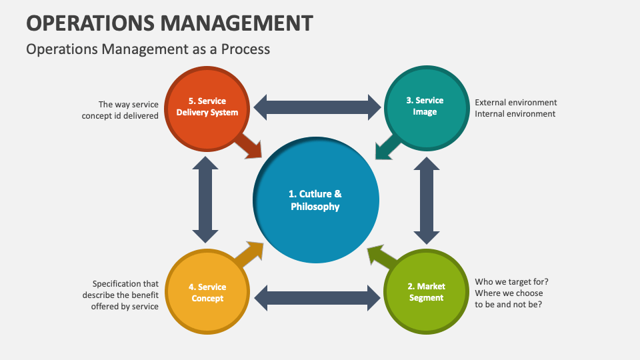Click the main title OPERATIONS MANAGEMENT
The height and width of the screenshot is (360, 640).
click(x=169, y=23)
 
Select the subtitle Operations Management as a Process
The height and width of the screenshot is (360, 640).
click(x=148, y=49)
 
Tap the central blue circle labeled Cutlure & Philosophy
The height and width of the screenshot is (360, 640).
click(x=315, y=200)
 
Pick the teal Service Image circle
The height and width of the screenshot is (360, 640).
click(x=425, y=107)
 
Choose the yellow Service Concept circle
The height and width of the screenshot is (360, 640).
click(x=208, y=293)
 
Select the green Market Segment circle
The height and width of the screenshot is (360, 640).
click(x=425, y=293)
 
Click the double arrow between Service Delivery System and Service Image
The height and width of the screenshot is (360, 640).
click(x=317, y=107)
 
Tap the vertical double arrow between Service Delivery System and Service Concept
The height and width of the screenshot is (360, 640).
click(x=205, y=200)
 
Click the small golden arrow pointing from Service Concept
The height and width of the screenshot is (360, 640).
click(x=249, y=253)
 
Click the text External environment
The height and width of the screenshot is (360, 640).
click(x=515, y=103)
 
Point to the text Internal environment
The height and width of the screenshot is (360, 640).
click(x=515, y=114)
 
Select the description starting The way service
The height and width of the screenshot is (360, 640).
click(x=120, y=110)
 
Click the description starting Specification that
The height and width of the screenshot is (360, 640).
click(x=121, y=295)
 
